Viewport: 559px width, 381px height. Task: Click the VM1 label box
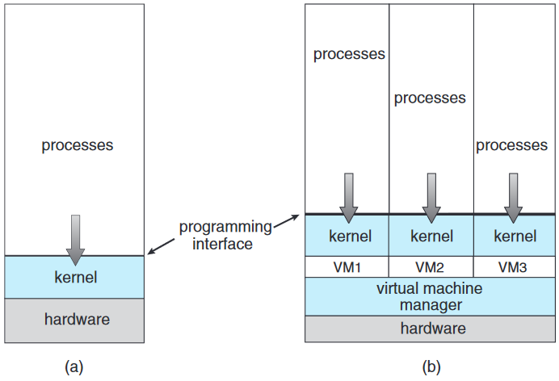347,266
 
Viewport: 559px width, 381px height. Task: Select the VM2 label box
431,266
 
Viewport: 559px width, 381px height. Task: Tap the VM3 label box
514,266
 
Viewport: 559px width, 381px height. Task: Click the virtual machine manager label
430,296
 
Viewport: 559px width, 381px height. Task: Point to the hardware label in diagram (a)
77,319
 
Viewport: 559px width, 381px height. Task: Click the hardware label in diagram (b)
433,329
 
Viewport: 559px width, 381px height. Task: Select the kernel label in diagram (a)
76,277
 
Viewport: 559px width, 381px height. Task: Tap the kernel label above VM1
350,236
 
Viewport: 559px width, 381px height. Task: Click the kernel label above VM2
431,236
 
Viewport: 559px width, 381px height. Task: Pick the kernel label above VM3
515,236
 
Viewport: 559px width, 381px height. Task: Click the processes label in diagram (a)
78,145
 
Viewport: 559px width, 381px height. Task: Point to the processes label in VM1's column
349,54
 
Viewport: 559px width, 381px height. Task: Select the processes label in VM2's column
430,98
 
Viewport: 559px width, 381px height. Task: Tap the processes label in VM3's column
511,145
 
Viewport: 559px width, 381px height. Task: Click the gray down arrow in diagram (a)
76,240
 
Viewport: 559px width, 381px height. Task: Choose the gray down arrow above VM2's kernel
431,198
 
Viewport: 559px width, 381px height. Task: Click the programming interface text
225,236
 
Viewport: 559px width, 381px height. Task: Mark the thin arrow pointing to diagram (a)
161,246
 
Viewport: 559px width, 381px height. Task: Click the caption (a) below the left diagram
74,366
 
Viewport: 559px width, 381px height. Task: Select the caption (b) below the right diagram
431,366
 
